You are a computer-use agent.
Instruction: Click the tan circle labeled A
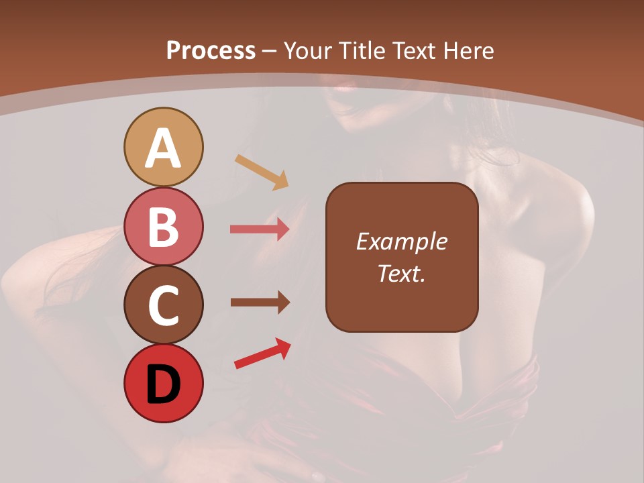tap(163, 147)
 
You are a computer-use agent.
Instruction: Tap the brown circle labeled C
tap(163, 305)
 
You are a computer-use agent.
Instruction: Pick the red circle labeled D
tap(163, 384)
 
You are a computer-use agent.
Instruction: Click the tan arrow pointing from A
tap(262, 172)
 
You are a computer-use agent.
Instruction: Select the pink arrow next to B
tap(260, 229)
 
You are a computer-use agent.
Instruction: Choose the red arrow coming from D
tap(262, 354)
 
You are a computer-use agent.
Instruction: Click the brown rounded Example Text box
tap(402, 257)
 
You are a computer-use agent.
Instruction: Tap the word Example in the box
tap(402, 241)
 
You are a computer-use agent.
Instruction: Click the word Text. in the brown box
tap(402, 274)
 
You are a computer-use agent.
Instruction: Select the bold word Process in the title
tap(211, 50)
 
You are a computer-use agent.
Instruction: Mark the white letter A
tap(163, 149)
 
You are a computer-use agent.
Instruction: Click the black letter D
tap(163, 385)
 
